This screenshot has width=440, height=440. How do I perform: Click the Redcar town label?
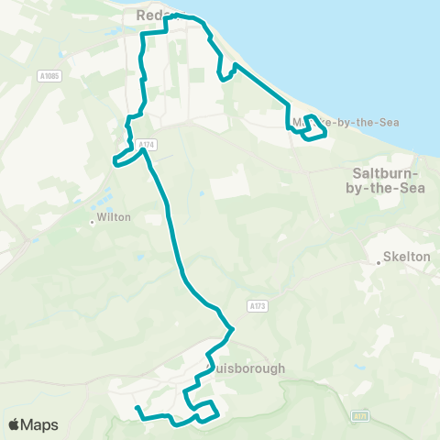150,16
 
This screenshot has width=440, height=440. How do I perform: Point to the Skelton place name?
406,258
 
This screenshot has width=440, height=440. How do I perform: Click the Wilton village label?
115,218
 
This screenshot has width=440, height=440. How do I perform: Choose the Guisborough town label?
249,368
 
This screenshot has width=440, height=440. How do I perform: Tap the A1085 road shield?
50,76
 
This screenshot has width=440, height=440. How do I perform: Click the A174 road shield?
147,144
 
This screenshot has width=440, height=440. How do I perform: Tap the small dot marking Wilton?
93,221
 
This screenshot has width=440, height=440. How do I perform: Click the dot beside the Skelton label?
379,263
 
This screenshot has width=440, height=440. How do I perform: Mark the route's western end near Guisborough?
136,408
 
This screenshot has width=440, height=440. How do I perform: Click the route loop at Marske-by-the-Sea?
314,129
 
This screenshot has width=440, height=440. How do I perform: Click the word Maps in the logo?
40,424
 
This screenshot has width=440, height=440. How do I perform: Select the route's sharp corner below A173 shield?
234,329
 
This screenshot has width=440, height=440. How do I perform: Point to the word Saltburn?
386,172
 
